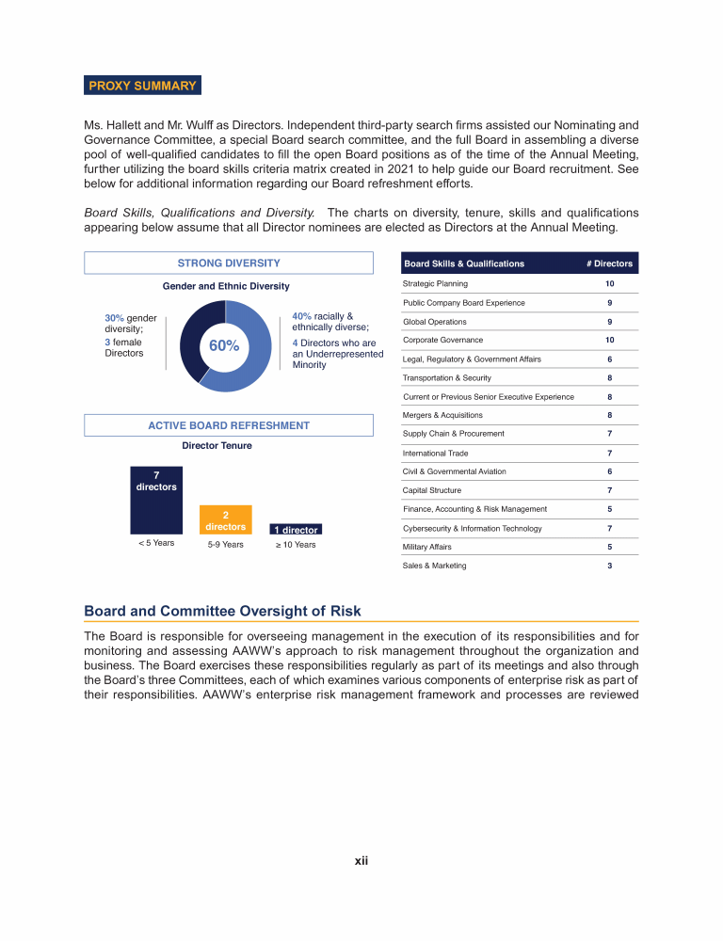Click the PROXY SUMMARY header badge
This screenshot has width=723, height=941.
tap(142, 86)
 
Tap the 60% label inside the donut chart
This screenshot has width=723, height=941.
tap(224, 345)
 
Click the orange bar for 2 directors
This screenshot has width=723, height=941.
tap(225, 520)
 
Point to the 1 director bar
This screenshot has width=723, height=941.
tap(295, 530)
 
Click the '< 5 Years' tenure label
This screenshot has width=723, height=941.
tap(155, 543)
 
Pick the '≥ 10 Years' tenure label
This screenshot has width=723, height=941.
tap(295, 544)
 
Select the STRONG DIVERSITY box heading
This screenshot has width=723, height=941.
tap(229, 263)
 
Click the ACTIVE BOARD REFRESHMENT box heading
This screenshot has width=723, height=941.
tap(229, 425)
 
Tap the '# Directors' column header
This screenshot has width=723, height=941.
tap(609, 263)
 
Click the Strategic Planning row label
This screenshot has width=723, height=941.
tap(435, 283)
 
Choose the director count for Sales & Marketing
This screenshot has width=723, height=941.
tap(610, 566)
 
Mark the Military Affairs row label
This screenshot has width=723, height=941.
tap(428, 547)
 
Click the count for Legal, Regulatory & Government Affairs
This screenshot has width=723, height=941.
tap(610, 359)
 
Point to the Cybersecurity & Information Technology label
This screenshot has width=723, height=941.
tap(472, 528)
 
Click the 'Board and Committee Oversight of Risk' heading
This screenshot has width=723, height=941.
tap(222, 611)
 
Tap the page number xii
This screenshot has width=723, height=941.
tap(361, 860)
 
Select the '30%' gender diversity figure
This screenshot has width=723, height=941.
tap(115, 319)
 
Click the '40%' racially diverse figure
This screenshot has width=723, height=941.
tap(302, 316)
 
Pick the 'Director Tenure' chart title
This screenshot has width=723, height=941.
tap(217, 445)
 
